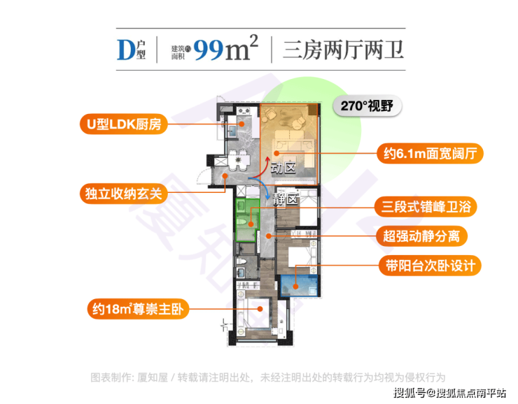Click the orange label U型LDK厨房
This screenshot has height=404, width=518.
124,124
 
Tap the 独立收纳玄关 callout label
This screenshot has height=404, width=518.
124,194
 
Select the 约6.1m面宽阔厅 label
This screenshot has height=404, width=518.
430,153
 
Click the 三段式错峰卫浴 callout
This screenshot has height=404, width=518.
426,207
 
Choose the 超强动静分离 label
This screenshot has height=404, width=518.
421,236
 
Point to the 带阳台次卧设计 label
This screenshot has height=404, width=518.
430,266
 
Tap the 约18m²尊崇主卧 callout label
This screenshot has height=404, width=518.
138,309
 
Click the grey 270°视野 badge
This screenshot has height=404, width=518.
367,106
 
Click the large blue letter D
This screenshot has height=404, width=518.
126,50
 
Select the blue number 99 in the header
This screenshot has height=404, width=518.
208,50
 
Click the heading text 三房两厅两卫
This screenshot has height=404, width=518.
343,50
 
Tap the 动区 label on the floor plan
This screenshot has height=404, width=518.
283,168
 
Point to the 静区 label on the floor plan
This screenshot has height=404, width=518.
286,199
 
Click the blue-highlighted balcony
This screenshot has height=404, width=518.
300,286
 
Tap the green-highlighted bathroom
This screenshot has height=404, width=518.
247,220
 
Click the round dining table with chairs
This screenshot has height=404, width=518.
239,160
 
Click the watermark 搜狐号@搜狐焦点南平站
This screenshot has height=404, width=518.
449,393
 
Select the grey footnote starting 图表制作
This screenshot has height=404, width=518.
268,377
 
